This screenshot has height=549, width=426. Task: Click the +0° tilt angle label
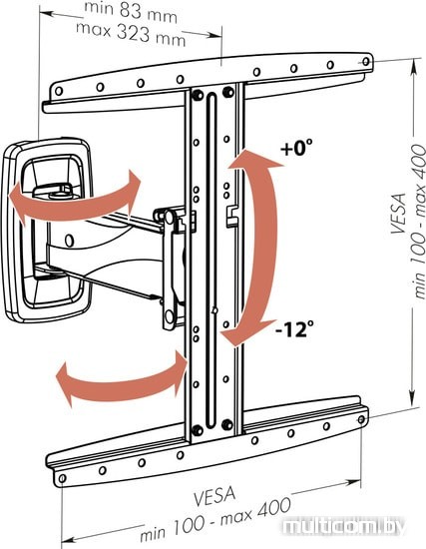296,148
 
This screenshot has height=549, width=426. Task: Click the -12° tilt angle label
294,329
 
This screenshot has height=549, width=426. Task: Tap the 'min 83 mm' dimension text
131,12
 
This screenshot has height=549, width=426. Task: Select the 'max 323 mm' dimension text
131,34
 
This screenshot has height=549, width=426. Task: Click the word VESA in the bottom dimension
214,496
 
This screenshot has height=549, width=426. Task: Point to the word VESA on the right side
399,213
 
